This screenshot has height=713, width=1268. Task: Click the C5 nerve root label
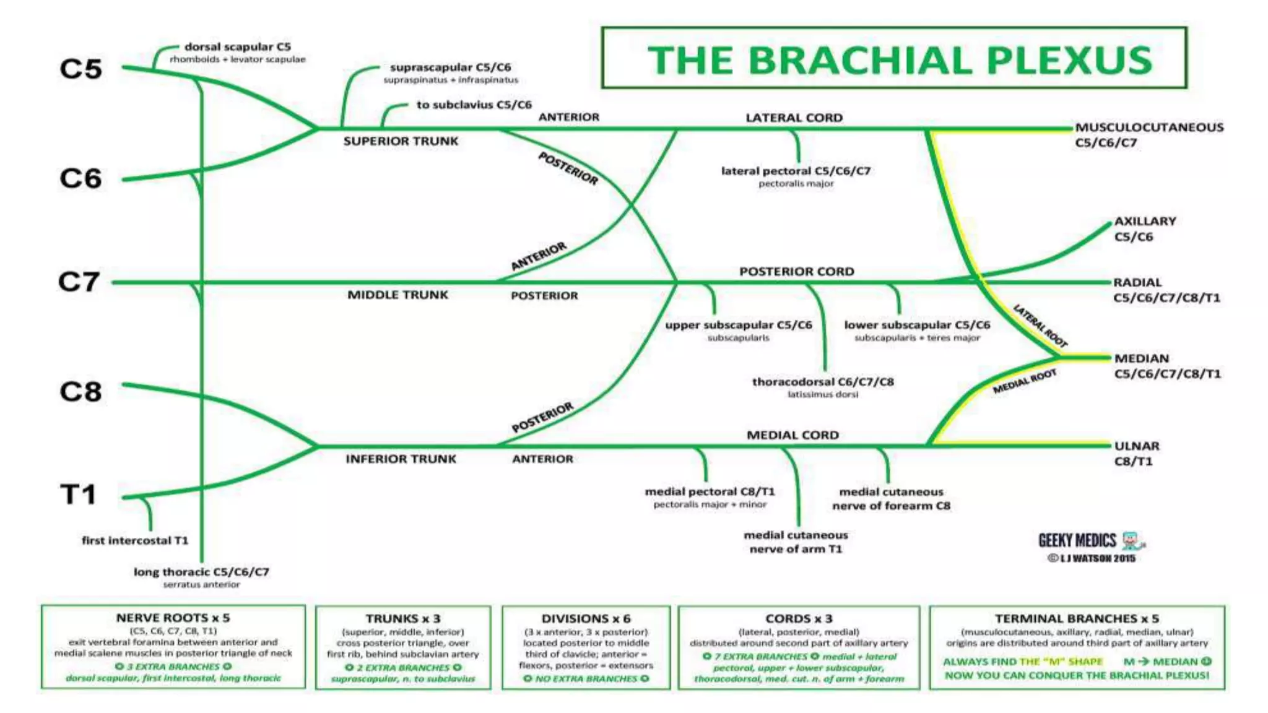click(x=80, y=69)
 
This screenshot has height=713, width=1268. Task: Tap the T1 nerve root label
click(x=79, y=495)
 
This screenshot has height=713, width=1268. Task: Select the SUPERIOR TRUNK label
click(x=401, y=141)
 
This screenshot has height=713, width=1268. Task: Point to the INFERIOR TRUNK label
click(x=401, y=459)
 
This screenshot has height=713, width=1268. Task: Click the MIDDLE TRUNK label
click(x=397, y=295)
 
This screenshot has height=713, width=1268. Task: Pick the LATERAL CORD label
click(x=794, y=118)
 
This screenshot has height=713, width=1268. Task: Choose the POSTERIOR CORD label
click(x=796, y=272)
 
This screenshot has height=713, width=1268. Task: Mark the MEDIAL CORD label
click(x=792, y=435)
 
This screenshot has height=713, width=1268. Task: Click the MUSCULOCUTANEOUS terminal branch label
click(x=1149, y=127)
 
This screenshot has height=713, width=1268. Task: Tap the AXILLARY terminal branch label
click(x=1145, y=222)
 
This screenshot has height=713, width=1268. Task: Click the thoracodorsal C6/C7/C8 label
click(x=823, y=382)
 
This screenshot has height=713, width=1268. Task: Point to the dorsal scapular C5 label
click(x=238, y=47)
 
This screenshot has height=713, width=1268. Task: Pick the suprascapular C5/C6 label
click(x=450, y=67)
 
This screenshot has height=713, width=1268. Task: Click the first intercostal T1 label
click(x=135, y=540)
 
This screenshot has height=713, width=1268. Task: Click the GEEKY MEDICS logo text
click(x=1077, y=541)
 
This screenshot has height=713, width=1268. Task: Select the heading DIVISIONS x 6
click(x=586, y=618)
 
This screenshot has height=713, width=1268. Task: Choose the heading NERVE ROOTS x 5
click(x=173, y=618)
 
